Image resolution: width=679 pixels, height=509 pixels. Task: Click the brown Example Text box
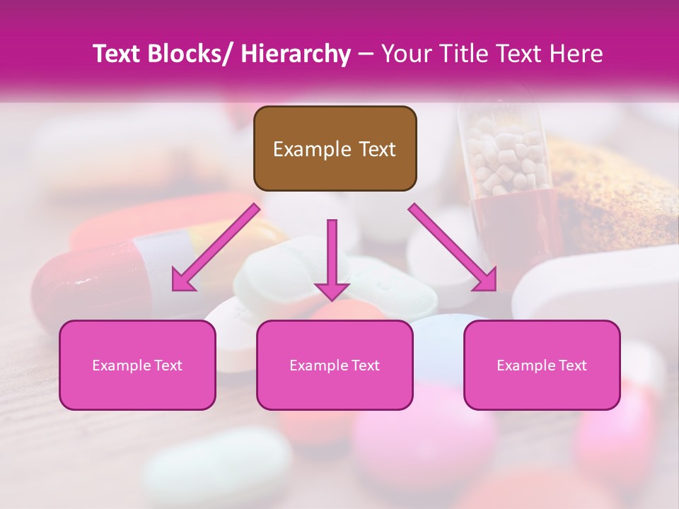(335, 148)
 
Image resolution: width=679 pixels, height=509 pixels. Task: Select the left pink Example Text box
(137, 365)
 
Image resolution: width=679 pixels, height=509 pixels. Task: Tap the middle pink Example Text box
(335, 365)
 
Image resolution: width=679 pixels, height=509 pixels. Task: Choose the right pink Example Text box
(542, 365)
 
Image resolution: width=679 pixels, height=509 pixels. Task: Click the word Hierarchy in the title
(296, 54)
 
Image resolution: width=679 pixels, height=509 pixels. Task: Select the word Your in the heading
(405, 54)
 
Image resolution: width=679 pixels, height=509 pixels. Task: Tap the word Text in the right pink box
(571, 365)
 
